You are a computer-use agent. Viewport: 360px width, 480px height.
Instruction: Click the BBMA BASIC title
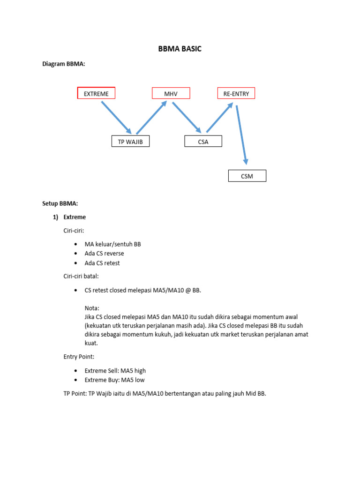[x=180, y=49]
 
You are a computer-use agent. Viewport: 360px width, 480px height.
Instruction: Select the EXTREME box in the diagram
[x=96, y=94]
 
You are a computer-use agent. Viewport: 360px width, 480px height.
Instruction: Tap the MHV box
[x=171, y=94]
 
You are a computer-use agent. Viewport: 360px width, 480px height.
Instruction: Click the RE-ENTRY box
[x=236, y=94]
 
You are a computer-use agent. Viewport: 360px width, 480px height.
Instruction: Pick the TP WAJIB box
[x=130, y=142]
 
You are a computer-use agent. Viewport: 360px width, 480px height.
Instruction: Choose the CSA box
[x=203, y=142]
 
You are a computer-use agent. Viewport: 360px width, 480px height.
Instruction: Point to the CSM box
[x=247, y=176]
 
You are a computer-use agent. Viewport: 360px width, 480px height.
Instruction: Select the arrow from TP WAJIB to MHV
[x=151, y=118]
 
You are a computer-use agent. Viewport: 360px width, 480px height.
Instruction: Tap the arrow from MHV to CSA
[x=187, y=118]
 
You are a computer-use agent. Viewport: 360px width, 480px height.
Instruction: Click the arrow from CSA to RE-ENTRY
[x=219, y=118]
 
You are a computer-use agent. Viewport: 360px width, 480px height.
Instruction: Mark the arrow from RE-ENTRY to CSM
[x=241, y=135]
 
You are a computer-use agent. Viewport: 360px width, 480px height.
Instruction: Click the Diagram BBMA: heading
[x=64, y=64]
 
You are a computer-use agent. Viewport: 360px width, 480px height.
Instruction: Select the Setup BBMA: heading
[x=60, y=203]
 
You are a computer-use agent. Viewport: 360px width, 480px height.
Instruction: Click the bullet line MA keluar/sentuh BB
[x=112, y=244]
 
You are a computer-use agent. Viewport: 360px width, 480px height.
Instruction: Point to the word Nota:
[x=92, y=308]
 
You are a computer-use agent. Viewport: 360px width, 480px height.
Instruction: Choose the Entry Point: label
[x=79, y=357]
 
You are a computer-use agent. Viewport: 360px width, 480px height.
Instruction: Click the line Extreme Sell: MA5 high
[x=115, y=371]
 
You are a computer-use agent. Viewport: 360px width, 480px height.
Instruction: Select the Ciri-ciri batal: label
[x=81, y=277]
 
